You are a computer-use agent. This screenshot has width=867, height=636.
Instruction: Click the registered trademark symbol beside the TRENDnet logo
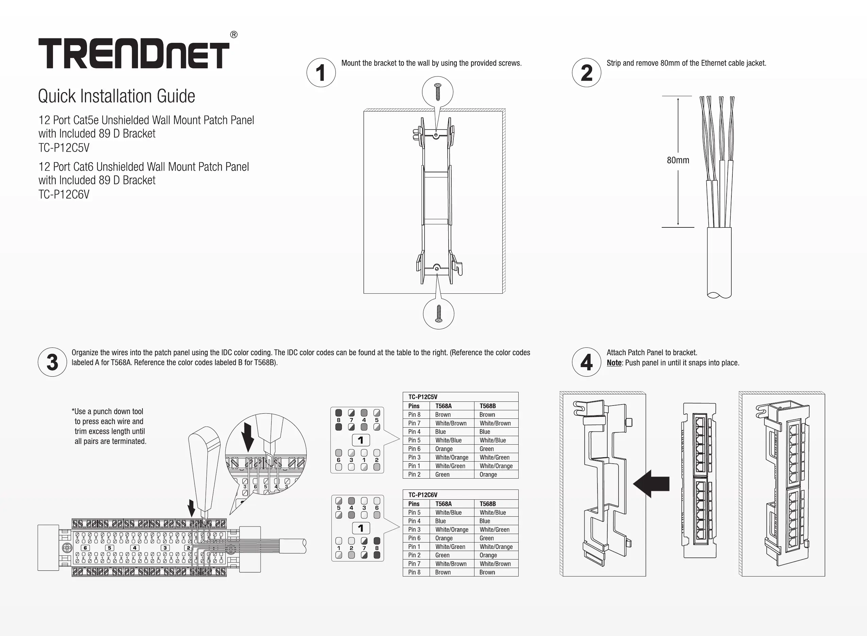click(233, 35)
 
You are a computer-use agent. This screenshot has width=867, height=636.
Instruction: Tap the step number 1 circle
click(321, 72)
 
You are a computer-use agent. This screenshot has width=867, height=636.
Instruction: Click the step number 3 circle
click(52, 362)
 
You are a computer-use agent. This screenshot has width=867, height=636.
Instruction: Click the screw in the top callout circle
click(437, 92)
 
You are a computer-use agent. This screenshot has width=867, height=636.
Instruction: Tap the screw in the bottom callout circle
click(438, 313)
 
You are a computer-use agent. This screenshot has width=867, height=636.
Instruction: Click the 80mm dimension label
click(678, 160)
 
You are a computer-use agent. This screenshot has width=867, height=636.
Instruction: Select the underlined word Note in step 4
click(614, 363)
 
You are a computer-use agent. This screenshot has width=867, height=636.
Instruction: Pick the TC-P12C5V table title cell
click(422, 397)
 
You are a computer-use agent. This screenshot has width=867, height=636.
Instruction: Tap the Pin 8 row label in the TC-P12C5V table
click(414, 415)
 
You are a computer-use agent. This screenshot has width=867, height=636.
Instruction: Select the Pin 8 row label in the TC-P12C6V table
click(414, 572)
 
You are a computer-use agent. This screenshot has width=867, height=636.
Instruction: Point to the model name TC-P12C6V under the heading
click(64, 194)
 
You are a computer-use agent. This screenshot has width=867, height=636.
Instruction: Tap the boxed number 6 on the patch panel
click(85, 548)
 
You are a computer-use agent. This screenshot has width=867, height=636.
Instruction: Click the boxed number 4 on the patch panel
click(134, 548)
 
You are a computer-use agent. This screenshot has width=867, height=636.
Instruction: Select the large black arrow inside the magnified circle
click(248, 437)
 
